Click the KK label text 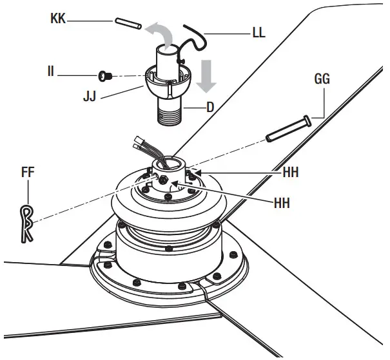click(x=58, y=19)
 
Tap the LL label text click(x=259, y=33)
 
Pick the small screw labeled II click(x=104, y=76)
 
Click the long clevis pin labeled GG click(x=288, y=129)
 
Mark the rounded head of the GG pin click(x=306, y=120)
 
